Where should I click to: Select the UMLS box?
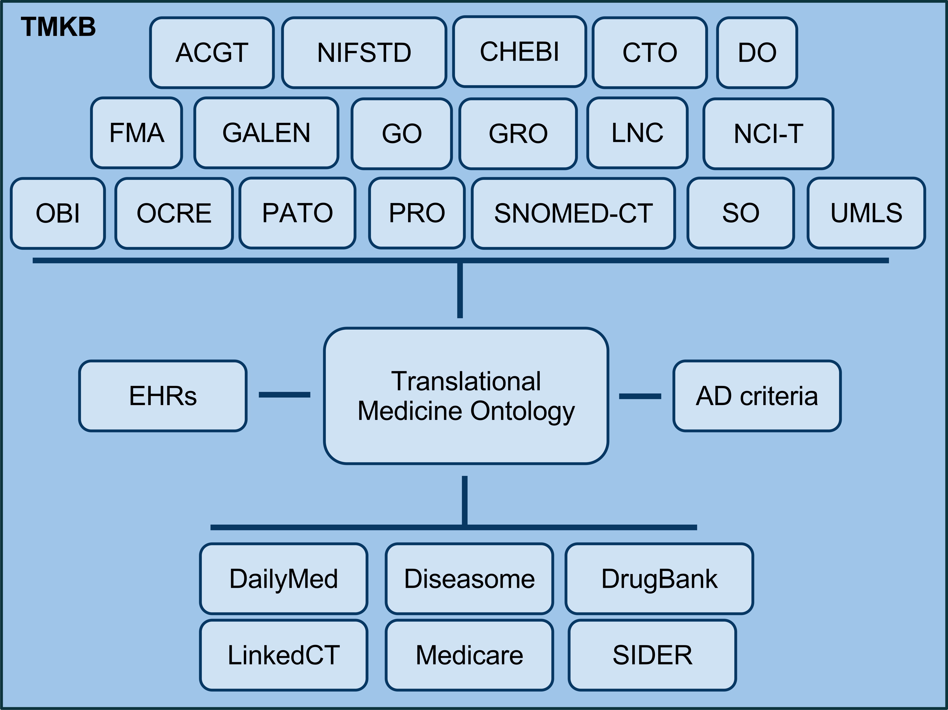(866, 213)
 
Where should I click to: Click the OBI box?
(58, 213)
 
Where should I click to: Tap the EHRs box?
(163, 395)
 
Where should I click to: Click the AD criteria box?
(757, 395)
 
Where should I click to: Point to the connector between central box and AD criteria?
(640, 396)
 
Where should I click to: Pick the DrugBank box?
(659, 579)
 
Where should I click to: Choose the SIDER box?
(652, 655)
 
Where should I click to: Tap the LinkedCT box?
(284, 655)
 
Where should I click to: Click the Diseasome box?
(469, 579)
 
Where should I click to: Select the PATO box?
(297, 213)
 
